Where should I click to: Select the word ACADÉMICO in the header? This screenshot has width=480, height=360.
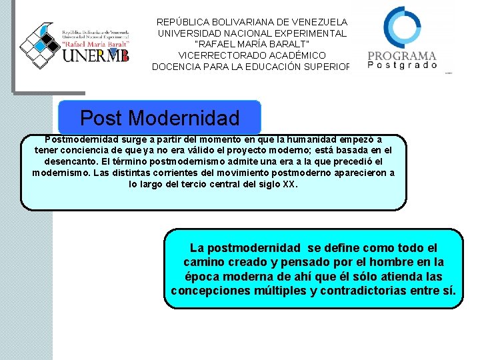pos(295,55)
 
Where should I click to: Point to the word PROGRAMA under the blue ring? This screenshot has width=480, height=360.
pos(403,56)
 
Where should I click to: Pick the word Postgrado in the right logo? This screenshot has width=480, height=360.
pos(403,65)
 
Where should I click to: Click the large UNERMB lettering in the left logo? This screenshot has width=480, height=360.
pos(95,54)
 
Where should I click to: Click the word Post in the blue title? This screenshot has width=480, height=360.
pos(101,118)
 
